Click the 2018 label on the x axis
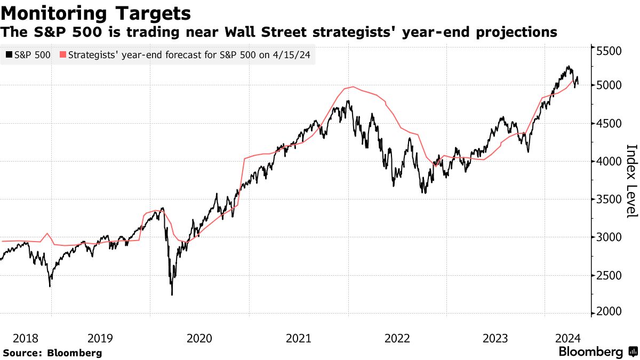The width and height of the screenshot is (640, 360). (26, 338)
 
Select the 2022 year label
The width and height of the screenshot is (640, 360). (397, 338)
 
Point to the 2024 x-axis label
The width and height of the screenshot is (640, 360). (567, 338)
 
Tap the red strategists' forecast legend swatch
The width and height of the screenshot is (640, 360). (63, 54)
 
